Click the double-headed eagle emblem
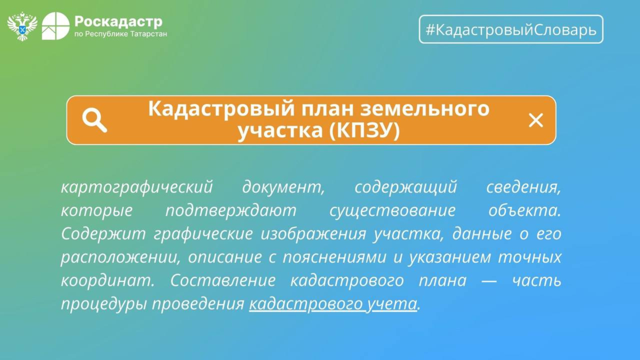(22, 26)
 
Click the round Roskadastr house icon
(56, 26)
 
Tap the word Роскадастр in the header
(118, 22)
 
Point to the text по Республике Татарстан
(120, 34)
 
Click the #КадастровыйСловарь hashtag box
(511, 29)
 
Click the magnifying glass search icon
(94, 120)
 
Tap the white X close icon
(536, 120)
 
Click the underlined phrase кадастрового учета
(333, 304)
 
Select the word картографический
(137, 187)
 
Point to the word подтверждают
(231, 210)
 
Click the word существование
(392, 210)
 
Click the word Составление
(223, 280)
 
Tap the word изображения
(313, 234)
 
